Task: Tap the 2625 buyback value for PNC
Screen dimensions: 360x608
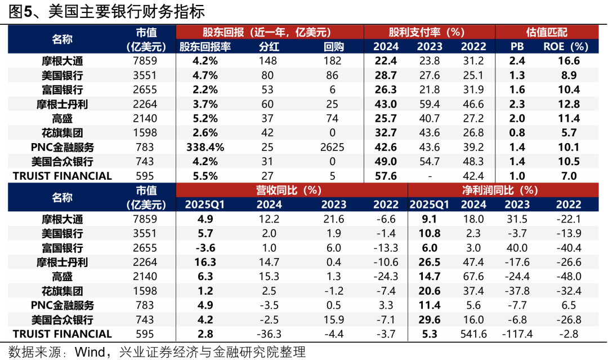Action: [332, 147]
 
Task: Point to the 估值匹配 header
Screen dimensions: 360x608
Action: [539, 32]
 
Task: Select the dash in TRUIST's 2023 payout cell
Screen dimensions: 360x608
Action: [430, 176]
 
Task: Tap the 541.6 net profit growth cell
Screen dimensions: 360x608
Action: [473, 334]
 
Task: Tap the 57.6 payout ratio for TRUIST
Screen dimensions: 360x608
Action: [386, 176]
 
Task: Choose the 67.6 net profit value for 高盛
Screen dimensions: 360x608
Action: [473, 277]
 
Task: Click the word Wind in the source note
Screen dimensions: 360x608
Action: [90, 352]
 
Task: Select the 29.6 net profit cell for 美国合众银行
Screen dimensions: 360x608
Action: [430, 319]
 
